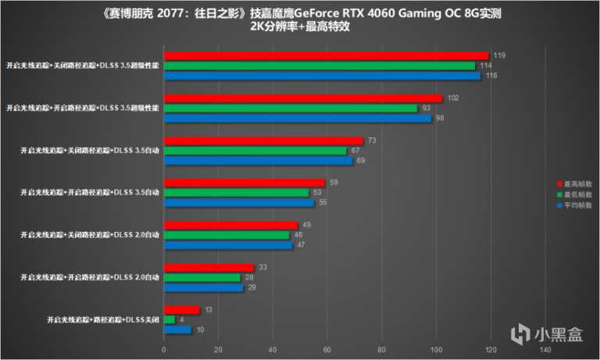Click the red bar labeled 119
[326, 55]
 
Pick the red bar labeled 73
[263, 141]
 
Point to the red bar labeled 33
[209, 268]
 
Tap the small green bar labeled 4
[169, 319]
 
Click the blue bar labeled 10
[177, 330]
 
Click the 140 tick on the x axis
[545, 349]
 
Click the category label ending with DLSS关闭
[102, 320]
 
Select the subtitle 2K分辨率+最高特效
[300, 26]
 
